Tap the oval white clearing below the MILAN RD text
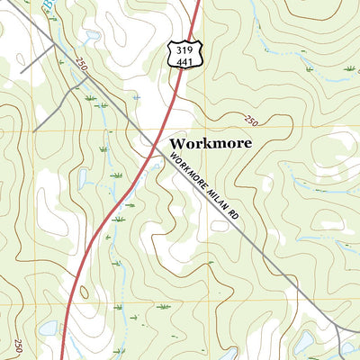point(219,225)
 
